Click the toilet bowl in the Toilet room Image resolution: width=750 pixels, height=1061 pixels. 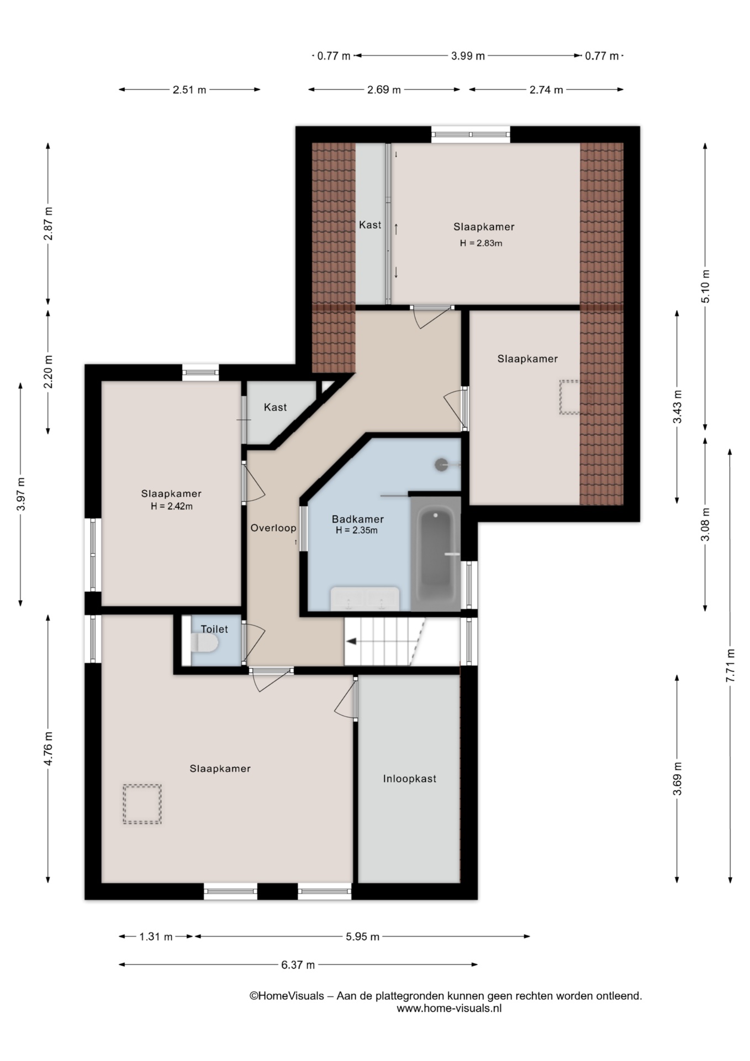[205, 643]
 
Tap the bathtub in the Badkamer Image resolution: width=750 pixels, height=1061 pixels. [436, 555]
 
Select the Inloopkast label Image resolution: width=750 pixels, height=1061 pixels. [410, 779]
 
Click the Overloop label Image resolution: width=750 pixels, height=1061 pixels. [273, 528]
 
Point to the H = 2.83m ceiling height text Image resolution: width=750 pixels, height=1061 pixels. [481, 243]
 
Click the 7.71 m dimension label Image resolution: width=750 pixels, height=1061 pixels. [730, 666]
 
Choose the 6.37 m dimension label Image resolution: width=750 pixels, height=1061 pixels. [298, 965]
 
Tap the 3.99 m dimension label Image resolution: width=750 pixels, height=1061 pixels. [468, 56]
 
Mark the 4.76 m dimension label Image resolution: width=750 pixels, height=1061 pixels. [48, 749]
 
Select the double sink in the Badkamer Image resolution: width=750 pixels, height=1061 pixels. [365, 598]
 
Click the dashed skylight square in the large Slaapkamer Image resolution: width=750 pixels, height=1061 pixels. [142, 804]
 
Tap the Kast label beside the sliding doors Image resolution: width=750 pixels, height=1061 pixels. [370, 225]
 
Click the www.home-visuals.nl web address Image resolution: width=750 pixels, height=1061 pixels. [449, 1008]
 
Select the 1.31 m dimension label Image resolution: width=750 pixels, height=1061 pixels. [156, 937]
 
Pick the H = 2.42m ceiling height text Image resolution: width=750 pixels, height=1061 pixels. [172, 506]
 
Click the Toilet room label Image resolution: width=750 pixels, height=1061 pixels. [214, 629]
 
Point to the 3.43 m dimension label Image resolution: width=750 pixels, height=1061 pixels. [677, 407]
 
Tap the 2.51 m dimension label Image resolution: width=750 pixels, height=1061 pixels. [189, 90]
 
